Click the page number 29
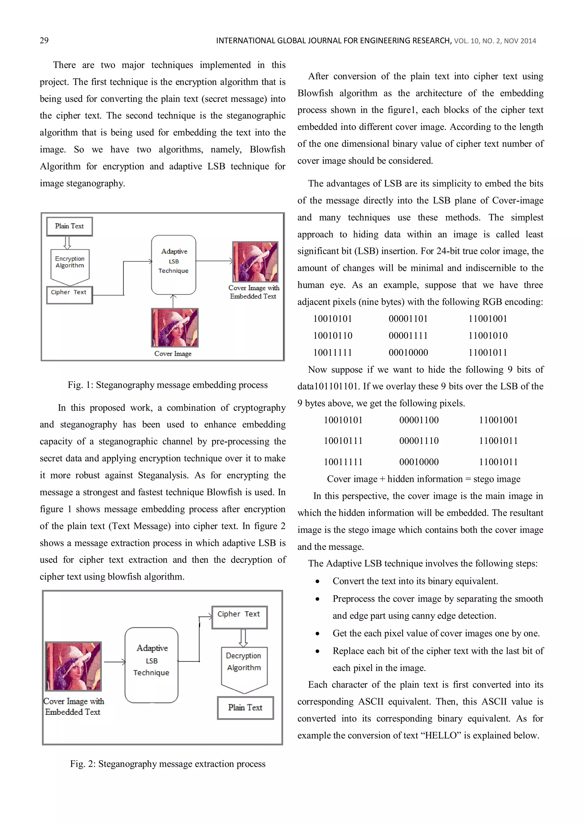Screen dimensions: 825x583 pyautogui.click(x=44, y=40)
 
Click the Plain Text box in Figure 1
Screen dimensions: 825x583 pyautogui.click(x=69, y=226)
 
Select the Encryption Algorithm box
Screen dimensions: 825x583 pyautogui.click(x=70, y=264)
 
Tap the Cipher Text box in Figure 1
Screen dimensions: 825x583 pyautogui.click(x=69, y=295)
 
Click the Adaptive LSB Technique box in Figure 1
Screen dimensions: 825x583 pyautogui.click(x=173, y=265)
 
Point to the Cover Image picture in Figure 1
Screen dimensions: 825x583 pyautogui.click(x=175, y=327)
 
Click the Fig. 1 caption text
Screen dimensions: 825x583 pyautogui.click(x=167, y=385)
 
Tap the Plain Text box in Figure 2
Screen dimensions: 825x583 pyautogui.click(x=245, y=707)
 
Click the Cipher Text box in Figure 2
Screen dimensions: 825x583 pyautogui.click(x=239, y=617)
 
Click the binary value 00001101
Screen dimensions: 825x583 pyautogui.click(x=408, y=319)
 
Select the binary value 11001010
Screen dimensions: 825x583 pyautogui.click(x=487, y=335)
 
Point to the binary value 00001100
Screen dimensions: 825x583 pyautogui.click(x=419, y=420)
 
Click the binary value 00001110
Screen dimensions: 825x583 pyautogui.click(x=419, y=441)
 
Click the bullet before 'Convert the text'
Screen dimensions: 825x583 pyautogui.click(x=317, y=582)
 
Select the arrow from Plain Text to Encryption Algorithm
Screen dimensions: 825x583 pyautogui.click(x=67, y=243)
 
